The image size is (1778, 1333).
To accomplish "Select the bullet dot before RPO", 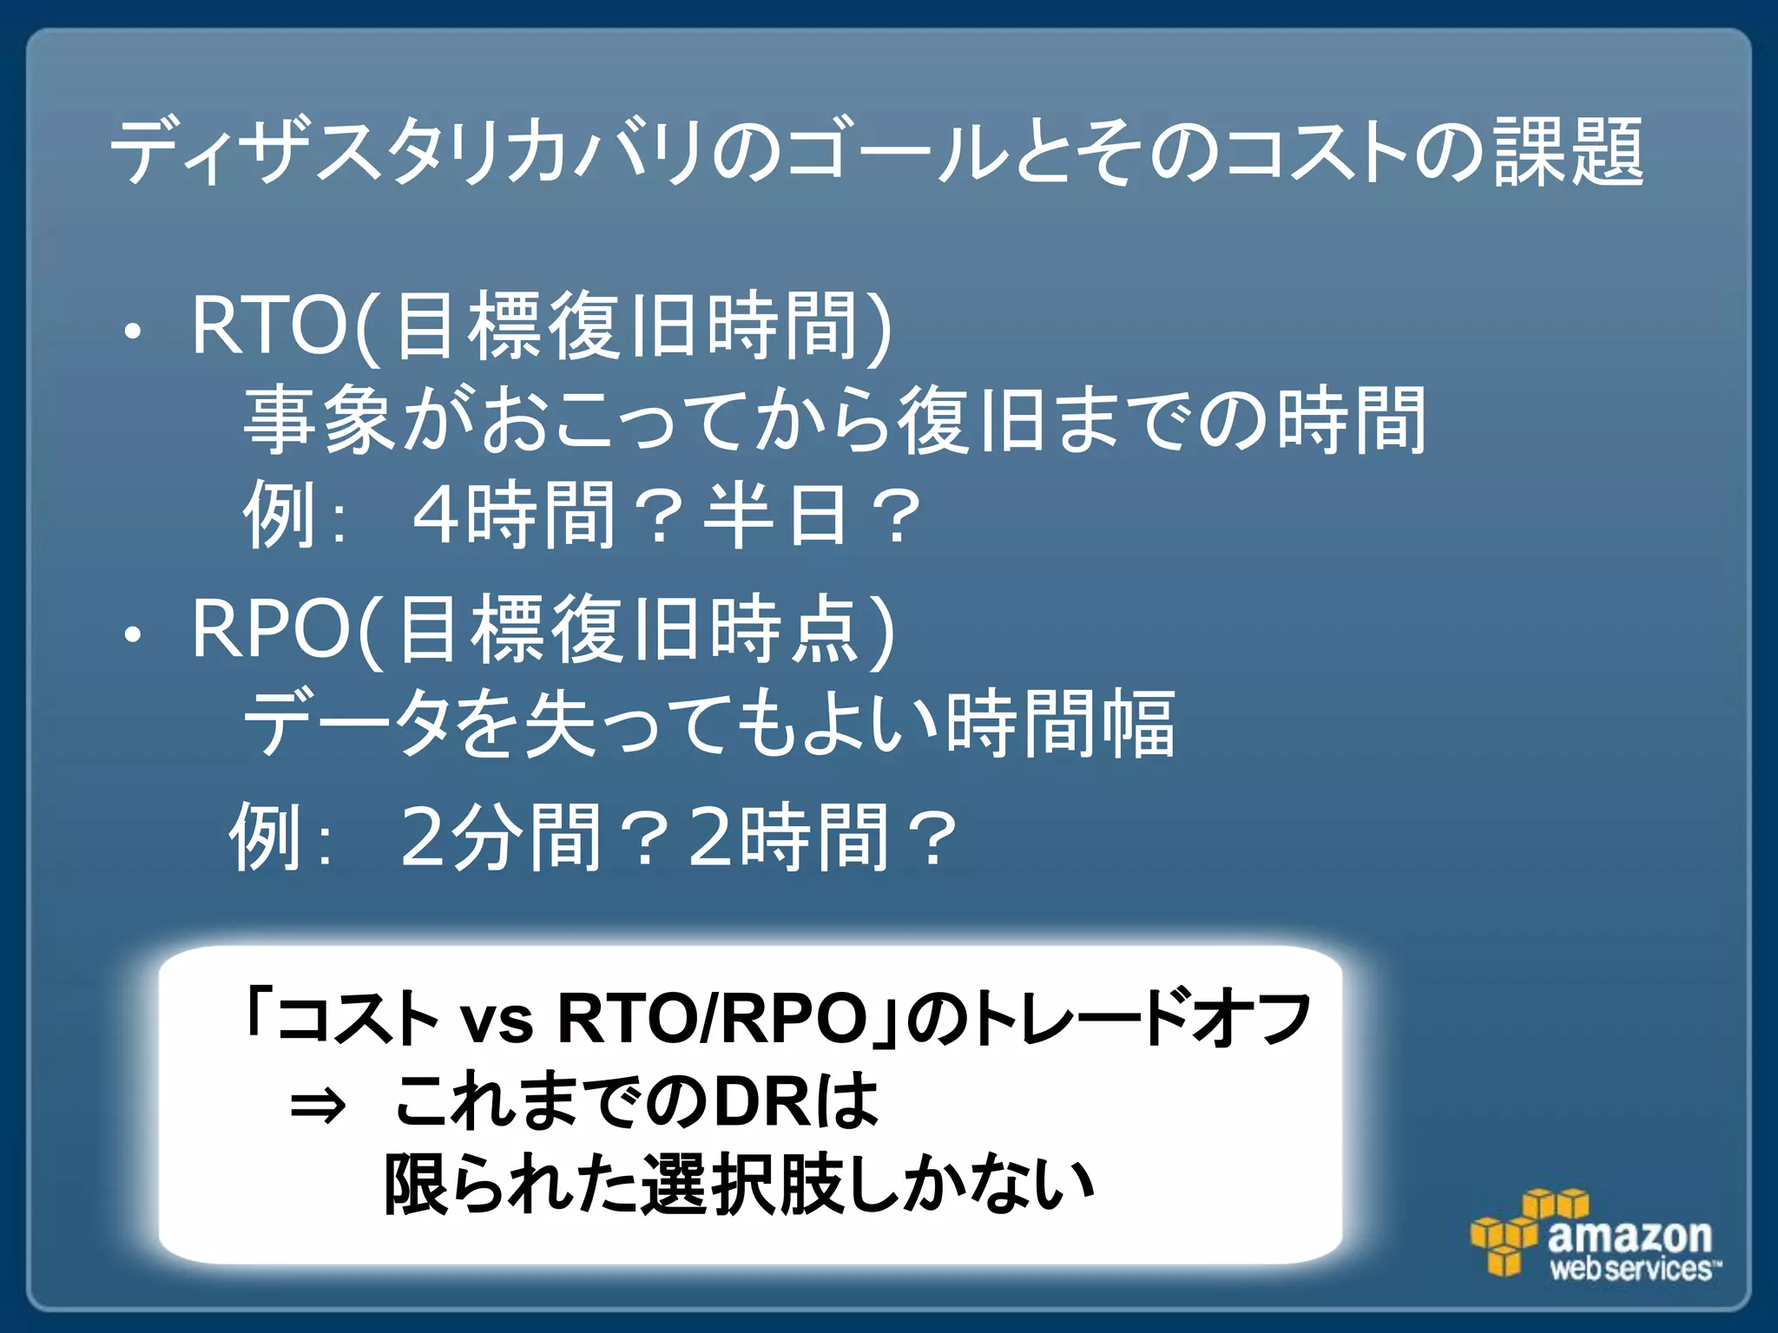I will coord(132,635).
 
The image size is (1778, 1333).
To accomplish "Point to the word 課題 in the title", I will coord(1568,153).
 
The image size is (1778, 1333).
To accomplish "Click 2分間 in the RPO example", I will coord(500,837).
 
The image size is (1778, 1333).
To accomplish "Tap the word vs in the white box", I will coord(497,1019).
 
